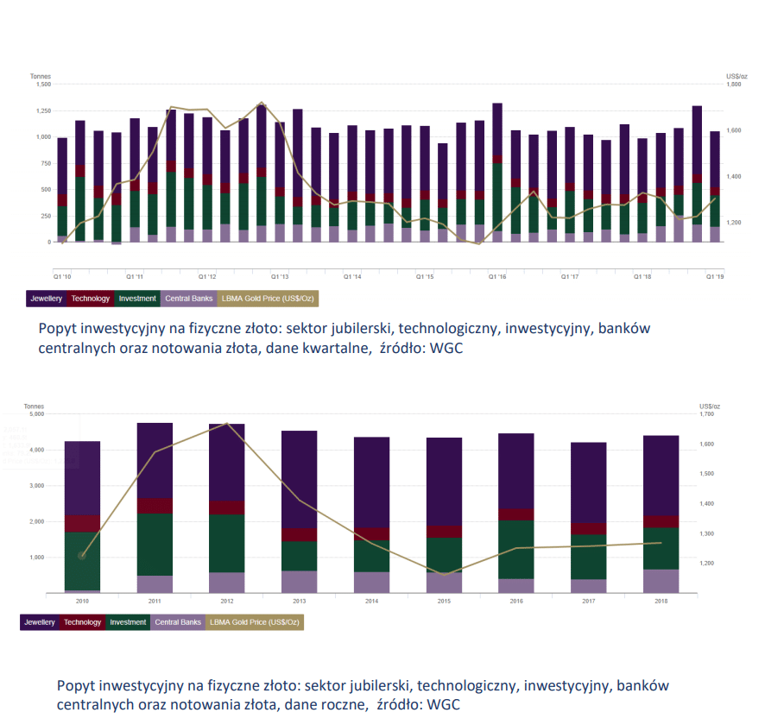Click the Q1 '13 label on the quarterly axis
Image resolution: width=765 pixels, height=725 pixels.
pyautogui.click(x=280, y=278)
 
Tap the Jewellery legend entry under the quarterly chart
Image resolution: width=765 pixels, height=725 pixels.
pyautogui.click(x=46, y=299)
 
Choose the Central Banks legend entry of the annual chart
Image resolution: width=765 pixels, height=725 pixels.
pyautogui.click(x=177, y=622)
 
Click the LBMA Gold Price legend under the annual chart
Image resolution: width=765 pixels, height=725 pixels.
pyautogui.click(x=255, y=622)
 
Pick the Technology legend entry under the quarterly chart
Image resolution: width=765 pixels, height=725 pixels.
pyautogui.click(x=91, y=299)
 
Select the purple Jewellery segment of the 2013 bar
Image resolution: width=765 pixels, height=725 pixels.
pyautogui.click(x=300, y=479)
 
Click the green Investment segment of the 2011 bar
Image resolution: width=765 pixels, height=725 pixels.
pyautogui.click(x=155, y=544)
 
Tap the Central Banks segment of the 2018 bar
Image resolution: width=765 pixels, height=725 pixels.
pyautogui.click(x=661, y=581)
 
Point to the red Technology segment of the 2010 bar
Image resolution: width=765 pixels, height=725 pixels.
pyautogui.click(x=83, y=523)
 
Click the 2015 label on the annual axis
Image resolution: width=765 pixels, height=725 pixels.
pyautogui.click(x=444, y=602)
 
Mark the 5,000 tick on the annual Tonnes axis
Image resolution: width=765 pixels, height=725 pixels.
pyautogui.click(x=36, y=414)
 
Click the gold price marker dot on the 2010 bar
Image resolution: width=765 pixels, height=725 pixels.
pyautogui.click(x=82, y=556)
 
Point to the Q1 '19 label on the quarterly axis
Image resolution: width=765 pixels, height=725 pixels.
pyautogui.click(x=716, y=278)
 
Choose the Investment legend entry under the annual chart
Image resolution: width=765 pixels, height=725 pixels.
pyautogui.click(x=127, y=622)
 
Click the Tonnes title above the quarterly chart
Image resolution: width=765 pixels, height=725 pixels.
pyautogui.click(x=41, y=77)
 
